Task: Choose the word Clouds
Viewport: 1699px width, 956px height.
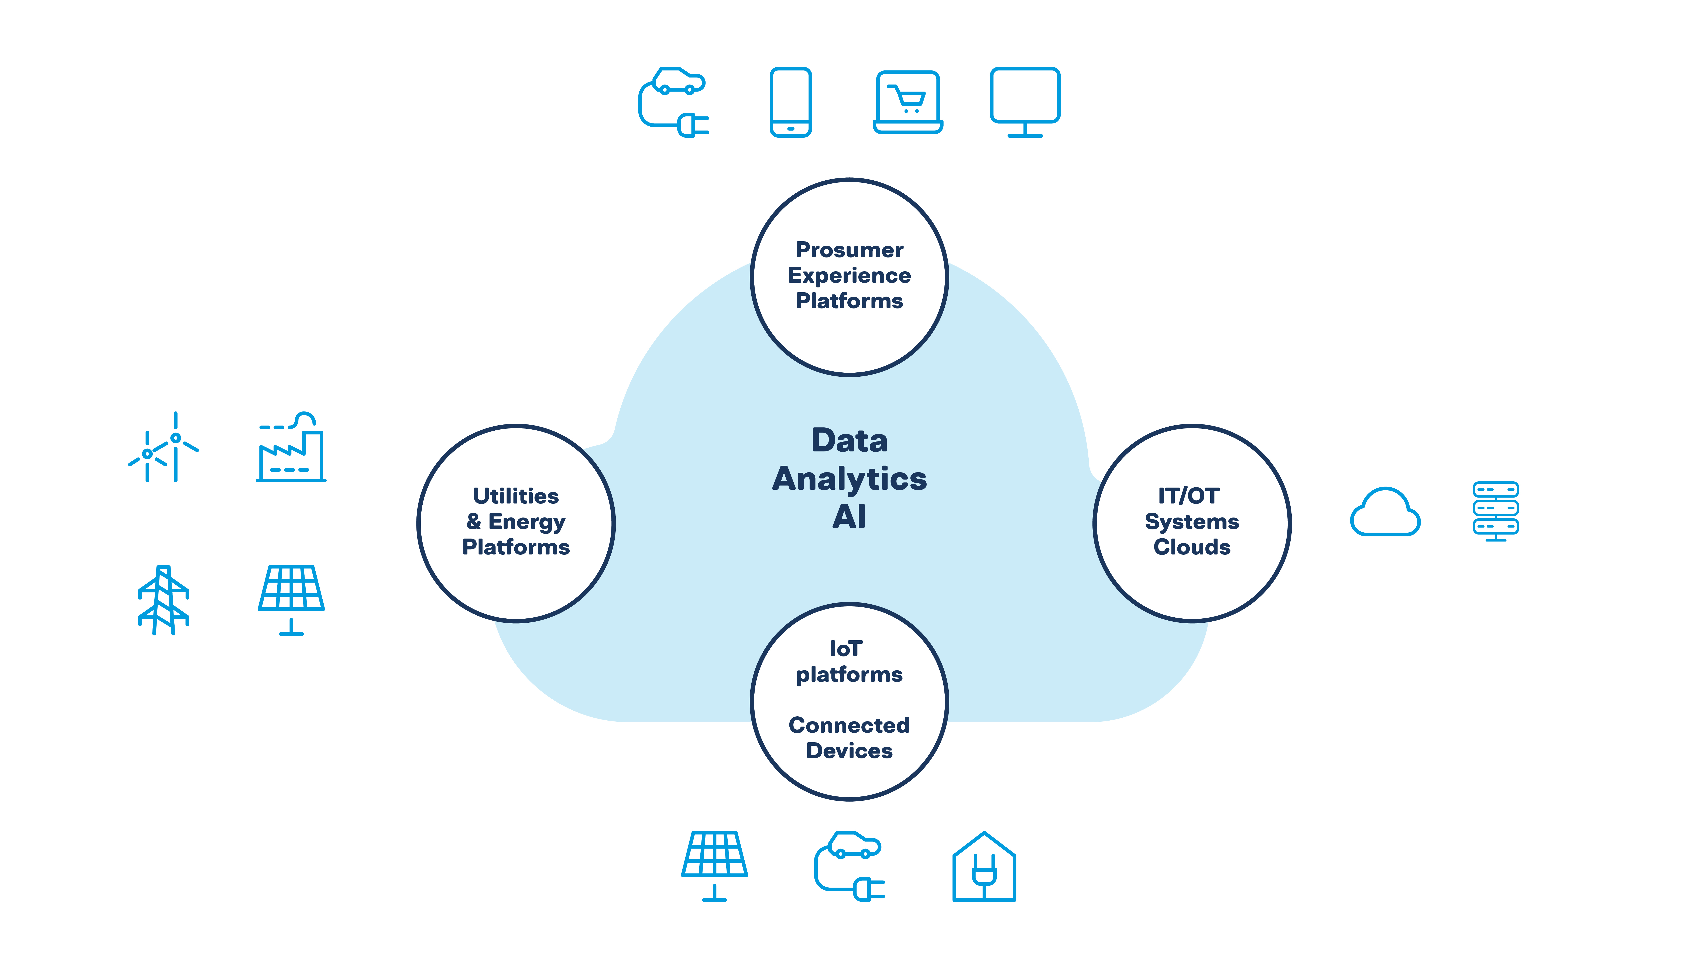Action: coord(1192,547)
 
